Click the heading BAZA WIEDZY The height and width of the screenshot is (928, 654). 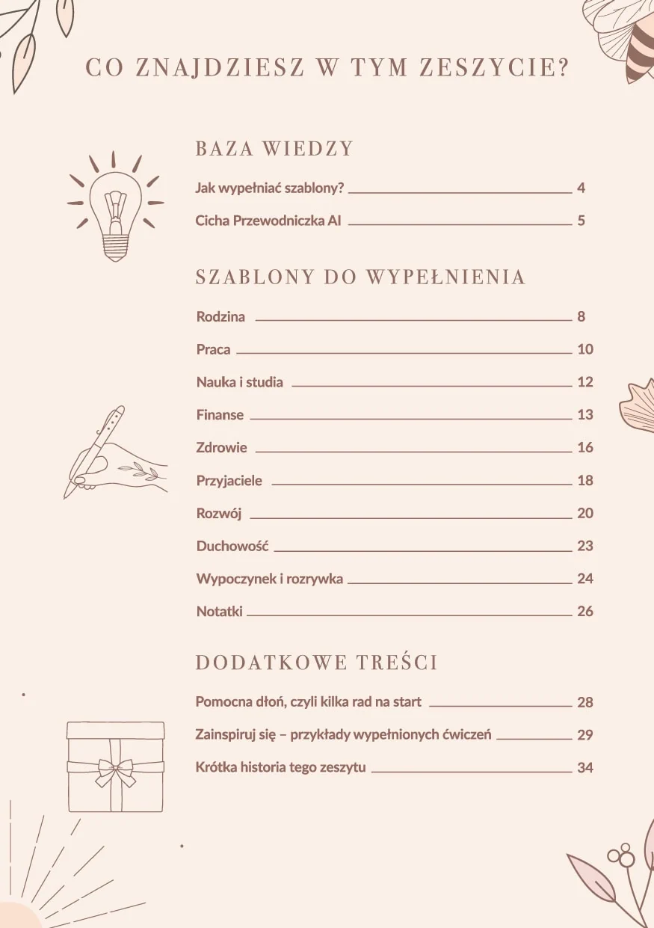(274, 148)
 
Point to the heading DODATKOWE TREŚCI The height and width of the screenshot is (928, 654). (316, 663)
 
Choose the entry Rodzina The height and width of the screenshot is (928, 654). (220, 316)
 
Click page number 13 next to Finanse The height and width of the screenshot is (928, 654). (584, 415)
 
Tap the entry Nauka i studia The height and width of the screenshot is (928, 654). (239, 382)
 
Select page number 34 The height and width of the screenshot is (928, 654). (584, 768)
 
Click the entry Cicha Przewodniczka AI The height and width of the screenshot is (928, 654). (268, 221)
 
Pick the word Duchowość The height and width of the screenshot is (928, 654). (232, 546)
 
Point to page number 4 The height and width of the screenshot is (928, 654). (581, 188)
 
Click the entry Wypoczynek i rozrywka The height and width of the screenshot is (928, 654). (269, 579)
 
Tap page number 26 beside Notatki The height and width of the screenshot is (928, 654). (584, 612)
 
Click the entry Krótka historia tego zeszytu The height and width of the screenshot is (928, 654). (280, 768)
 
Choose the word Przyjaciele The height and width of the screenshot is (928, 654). (229, 481)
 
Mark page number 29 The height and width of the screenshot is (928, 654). (584, 735)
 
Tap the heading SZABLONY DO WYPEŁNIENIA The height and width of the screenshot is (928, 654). (360, 277)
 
